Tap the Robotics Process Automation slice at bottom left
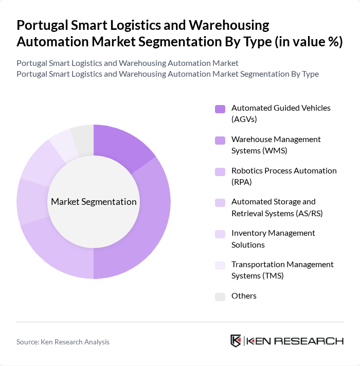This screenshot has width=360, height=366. pos(51,247)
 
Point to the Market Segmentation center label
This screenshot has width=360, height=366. pos(94,202)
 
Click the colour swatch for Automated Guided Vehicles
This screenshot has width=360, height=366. pos(220,109)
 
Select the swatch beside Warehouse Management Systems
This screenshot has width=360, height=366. pos(220,140)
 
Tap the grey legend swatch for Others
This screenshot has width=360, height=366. pos(220,297)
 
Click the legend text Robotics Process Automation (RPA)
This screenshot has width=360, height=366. pos(284,176)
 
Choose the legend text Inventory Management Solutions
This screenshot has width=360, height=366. pos(273,238)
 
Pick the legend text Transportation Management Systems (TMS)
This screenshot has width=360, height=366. pos(282,270)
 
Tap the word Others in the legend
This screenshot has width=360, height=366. pos(244,296)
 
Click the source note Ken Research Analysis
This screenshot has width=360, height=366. pos(63,342)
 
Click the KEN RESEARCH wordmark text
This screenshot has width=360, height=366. pos(295,341)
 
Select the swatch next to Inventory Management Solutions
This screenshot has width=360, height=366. pos(220,234)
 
